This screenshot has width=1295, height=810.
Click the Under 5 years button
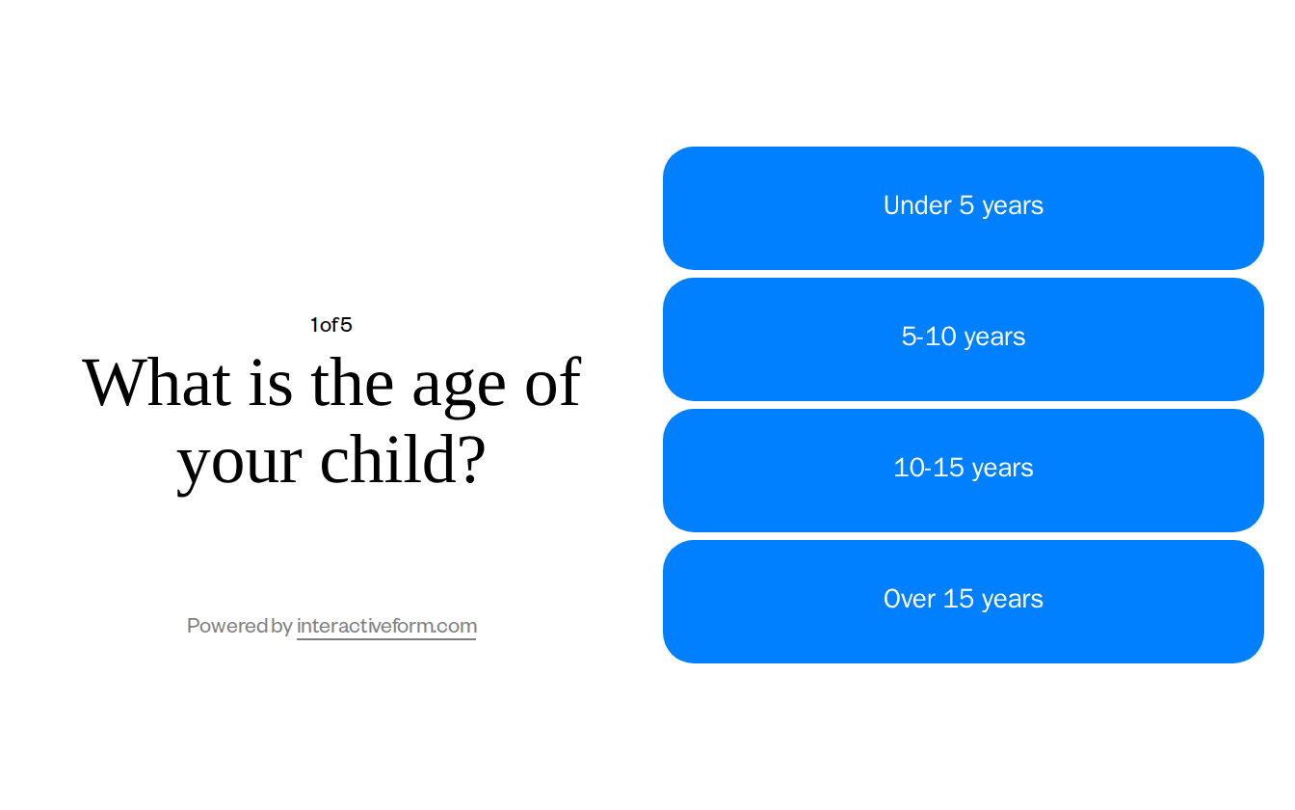[x=963, y=208]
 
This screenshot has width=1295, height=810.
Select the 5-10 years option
[x=963, y=339]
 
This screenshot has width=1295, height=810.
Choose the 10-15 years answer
[x=963, y=471]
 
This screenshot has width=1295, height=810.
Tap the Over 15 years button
[x=963, y=602]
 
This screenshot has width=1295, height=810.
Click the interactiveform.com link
[x=386, y=626]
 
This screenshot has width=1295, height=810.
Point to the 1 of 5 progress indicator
[x=330, y=325]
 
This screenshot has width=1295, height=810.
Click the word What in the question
[x=156, y=383]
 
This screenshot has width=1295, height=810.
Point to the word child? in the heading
[x=402, y=460]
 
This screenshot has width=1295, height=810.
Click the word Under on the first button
[x=917, y=205]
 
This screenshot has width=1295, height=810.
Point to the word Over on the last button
[x=909, y=599]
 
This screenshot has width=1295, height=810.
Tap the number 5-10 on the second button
[x=929, y=337]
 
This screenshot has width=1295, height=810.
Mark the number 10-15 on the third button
[x=929, y=468]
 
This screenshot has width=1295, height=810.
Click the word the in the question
[x=352, y=383]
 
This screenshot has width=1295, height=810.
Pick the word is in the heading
[x=271, y=383]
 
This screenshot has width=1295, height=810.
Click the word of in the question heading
[x=553, y=383]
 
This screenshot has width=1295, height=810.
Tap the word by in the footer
[x=281, y=627]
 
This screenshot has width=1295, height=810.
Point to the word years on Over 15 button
[x=1013, y=600]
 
